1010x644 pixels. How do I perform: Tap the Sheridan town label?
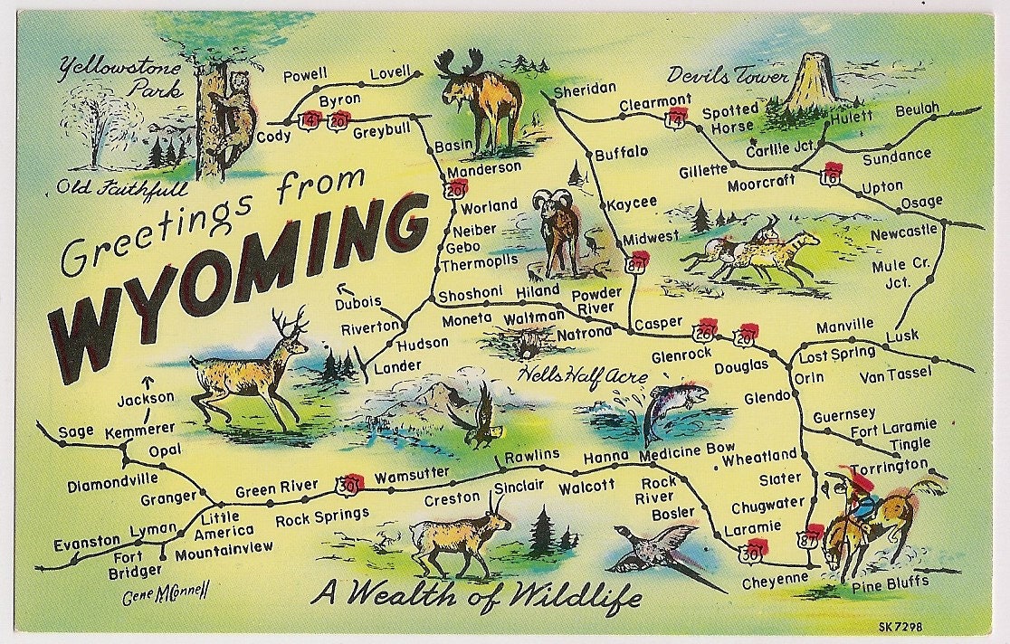(x=584, y=88)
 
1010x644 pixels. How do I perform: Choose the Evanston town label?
(x=86, y=542)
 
